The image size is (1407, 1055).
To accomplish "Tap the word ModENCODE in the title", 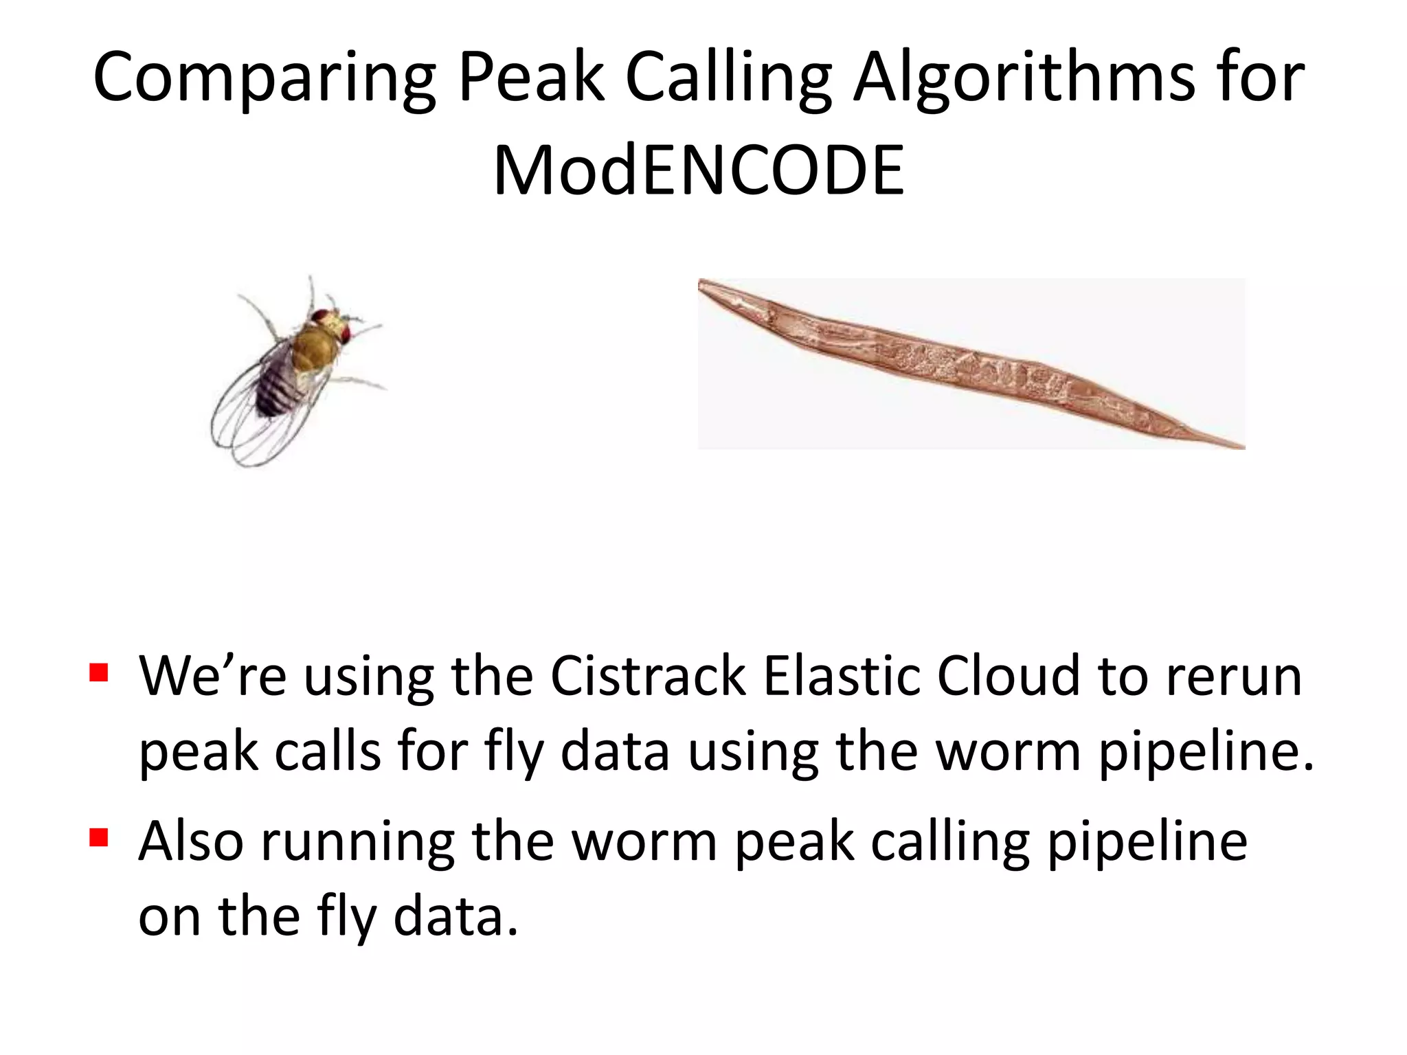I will pos(699,171).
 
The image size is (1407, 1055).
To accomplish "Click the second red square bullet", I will pos(99,837).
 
